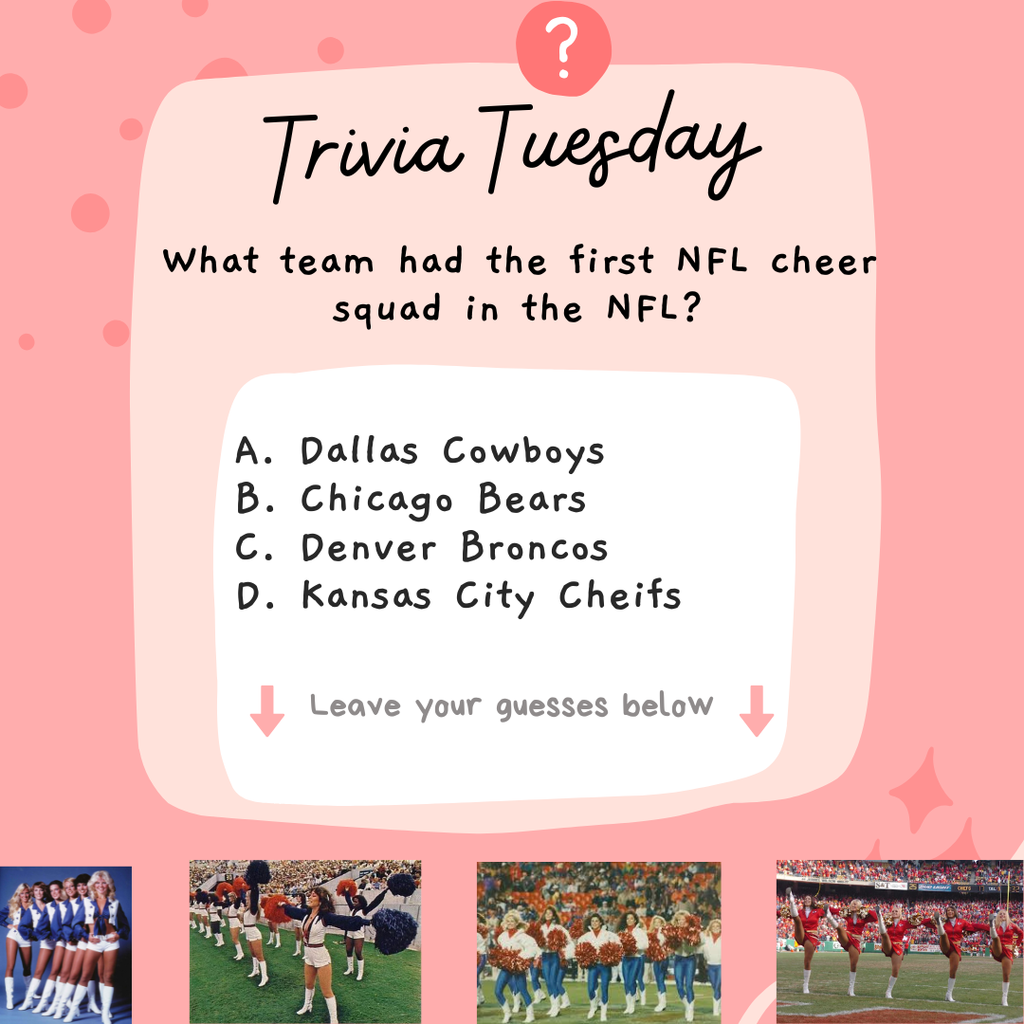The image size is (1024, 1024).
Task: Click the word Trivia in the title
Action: coord(364,153)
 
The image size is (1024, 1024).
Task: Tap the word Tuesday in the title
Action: coord(620,148)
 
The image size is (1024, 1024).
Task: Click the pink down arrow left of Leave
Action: coord(267,710)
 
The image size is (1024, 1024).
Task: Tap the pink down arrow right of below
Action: coord(756,710)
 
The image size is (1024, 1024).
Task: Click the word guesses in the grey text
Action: coord(552,706)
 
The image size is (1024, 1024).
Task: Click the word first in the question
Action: coord(611,262)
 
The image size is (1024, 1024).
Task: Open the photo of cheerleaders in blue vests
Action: coord(66,944)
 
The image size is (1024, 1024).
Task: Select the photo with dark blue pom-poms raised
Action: coord(305,941)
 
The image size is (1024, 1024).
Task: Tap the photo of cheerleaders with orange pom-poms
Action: coord(598,941)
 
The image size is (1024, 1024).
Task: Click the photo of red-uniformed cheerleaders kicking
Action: coord(899,941)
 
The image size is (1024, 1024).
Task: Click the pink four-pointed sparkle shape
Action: coord(921,790)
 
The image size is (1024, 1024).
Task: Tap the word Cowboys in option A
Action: coord(524,452)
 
